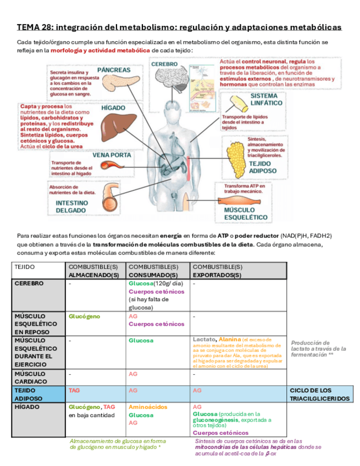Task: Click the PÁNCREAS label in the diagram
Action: click(114, 70)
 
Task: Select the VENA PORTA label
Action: click(112, 155)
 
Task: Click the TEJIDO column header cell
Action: click(39, 270)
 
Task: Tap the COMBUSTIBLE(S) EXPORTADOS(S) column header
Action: click(239, 270)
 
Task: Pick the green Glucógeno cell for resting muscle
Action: click(85, 317)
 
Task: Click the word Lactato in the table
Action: click(203, 340)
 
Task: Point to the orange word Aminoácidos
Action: click(148, 407)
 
